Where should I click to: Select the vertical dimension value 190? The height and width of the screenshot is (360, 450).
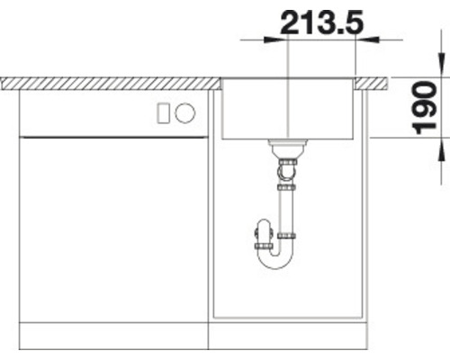(427, 107)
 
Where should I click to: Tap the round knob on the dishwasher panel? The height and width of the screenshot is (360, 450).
(185, 113)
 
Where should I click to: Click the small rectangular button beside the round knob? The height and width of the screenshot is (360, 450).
(164, 113)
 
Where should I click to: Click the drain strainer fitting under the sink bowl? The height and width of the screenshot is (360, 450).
(287, 146)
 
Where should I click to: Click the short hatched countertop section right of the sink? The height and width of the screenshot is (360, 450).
(373, 83)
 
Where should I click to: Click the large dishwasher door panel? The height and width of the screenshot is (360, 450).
(112, 225)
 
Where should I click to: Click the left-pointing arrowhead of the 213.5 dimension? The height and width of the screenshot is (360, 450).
(366, 39)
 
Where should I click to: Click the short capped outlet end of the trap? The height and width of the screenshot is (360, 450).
(261, 241)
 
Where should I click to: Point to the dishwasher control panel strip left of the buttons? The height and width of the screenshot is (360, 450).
(81, 113)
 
